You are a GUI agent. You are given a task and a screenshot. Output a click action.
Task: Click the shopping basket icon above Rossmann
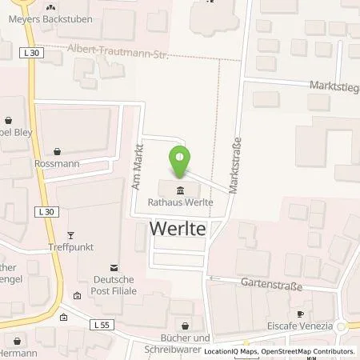[58, 150]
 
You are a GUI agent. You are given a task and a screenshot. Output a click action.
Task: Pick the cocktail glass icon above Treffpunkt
[70, 234]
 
